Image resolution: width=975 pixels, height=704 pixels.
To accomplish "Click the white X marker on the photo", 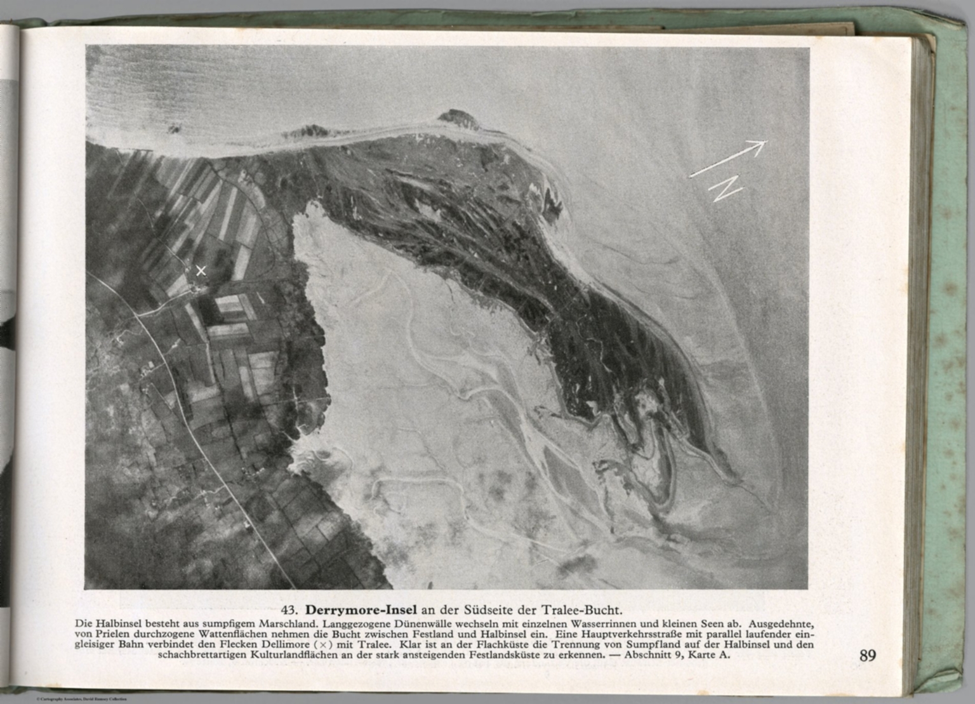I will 201,271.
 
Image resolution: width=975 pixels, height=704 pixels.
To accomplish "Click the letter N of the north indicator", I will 726,189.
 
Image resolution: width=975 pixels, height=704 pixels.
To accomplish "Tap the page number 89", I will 868,655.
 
